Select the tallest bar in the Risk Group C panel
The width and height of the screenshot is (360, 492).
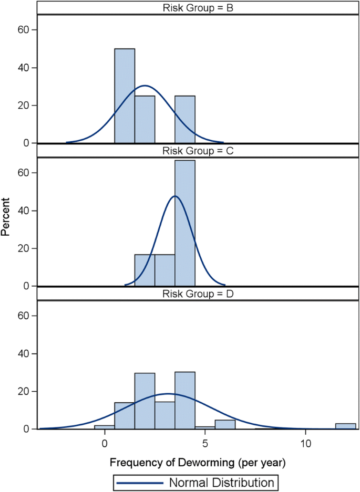[x=185, y=223]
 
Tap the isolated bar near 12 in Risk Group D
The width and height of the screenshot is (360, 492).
[x=345, y=426]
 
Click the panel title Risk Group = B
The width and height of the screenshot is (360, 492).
[x=194, y=7]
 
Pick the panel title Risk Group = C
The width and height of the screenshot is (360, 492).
[x=194, y=151]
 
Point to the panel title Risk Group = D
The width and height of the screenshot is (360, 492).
[x=194, y=294]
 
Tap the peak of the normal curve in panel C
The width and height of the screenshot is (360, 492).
[x=175, y=196]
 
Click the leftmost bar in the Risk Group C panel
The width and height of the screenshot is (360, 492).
[x=145, y=270]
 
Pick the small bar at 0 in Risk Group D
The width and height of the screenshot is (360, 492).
[x=105, y=427]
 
